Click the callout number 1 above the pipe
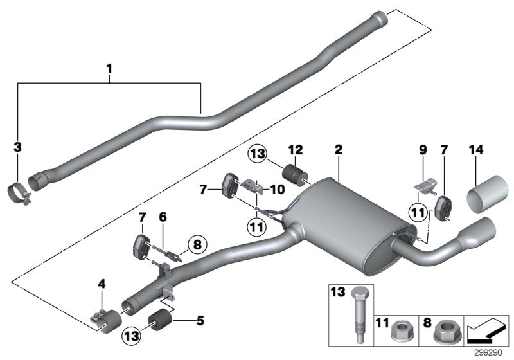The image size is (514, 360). point(109,66)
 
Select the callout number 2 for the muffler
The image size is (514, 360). point(338,149)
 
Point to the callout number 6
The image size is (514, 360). point(163,218)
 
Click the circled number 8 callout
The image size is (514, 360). point(196,244)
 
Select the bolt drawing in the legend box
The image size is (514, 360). point(359,314)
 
